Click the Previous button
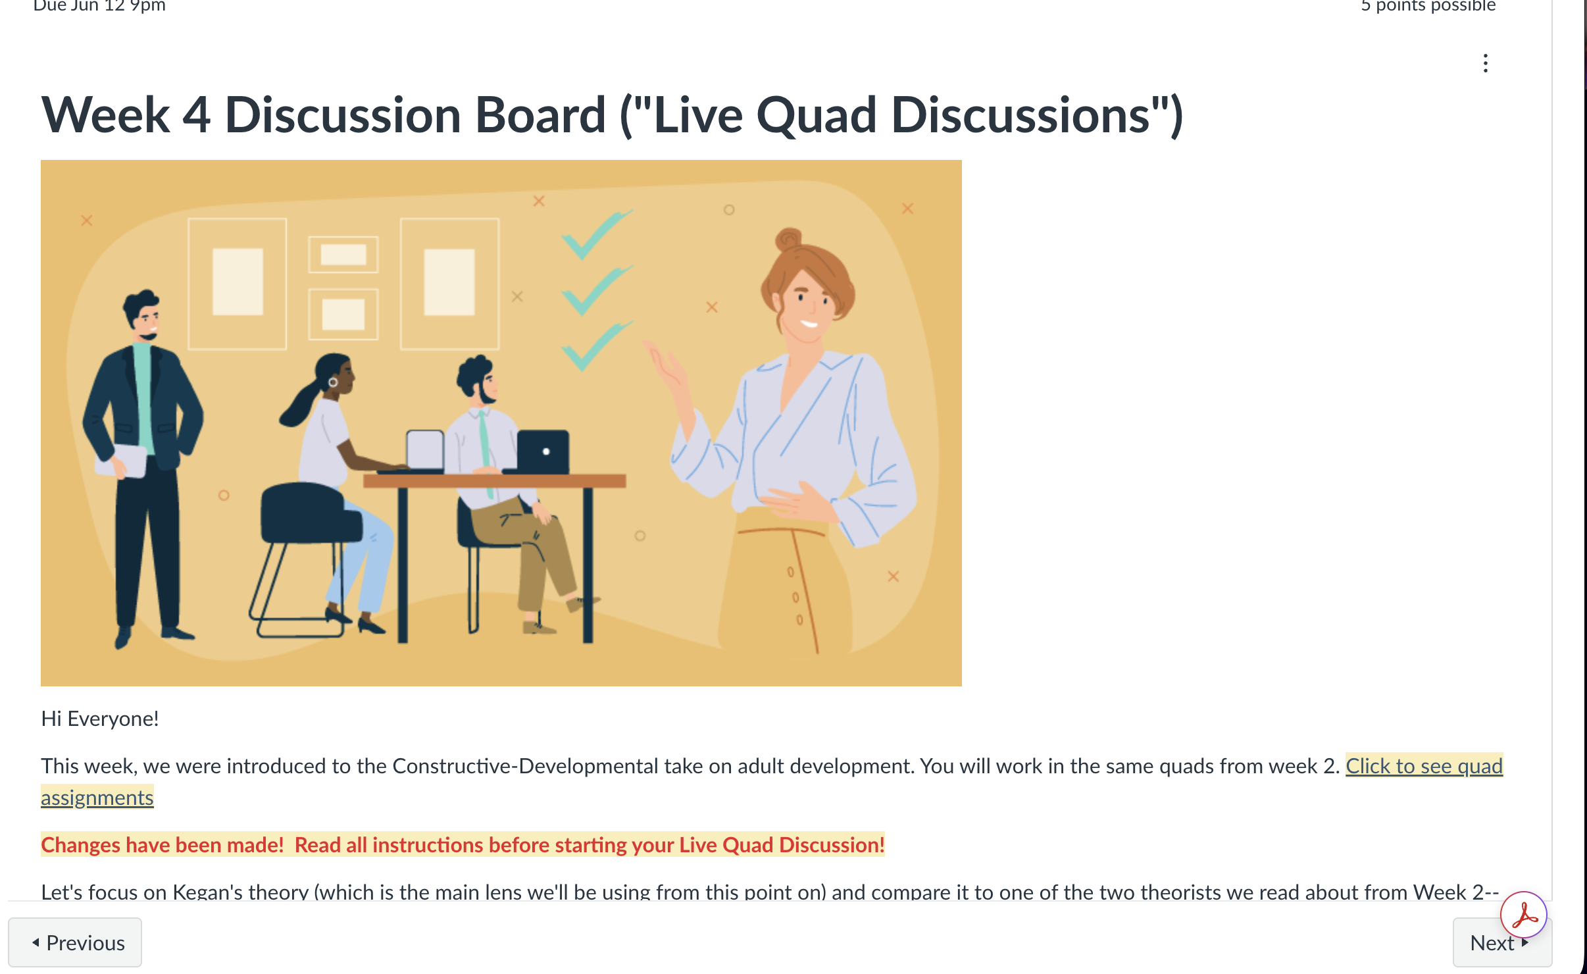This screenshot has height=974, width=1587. (75, 942)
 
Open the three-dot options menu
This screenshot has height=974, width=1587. (1486, 63)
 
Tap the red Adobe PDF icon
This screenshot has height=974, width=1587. (1524, 914)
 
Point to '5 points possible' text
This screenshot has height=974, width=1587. (1428, 6)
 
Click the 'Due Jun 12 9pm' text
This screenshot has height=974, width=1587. (99, 6)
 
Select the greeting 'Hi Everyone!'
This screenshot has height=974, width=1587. (100, 719)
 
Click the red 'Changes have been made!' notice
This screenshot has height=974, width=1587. (163, 845)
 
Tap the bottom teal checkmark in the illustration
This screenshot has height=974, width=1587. (596, 346)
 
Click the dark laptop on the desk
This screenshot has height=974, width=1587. (542, 451)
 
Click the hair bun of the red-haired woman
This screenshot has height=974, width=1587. (788, 238)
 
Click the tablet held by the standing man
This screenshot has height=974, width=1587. (122, 461)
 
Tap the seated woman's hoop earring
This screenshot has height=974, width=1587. (333, 382)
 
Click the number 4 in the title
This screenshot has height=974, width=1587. (197, 116)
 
